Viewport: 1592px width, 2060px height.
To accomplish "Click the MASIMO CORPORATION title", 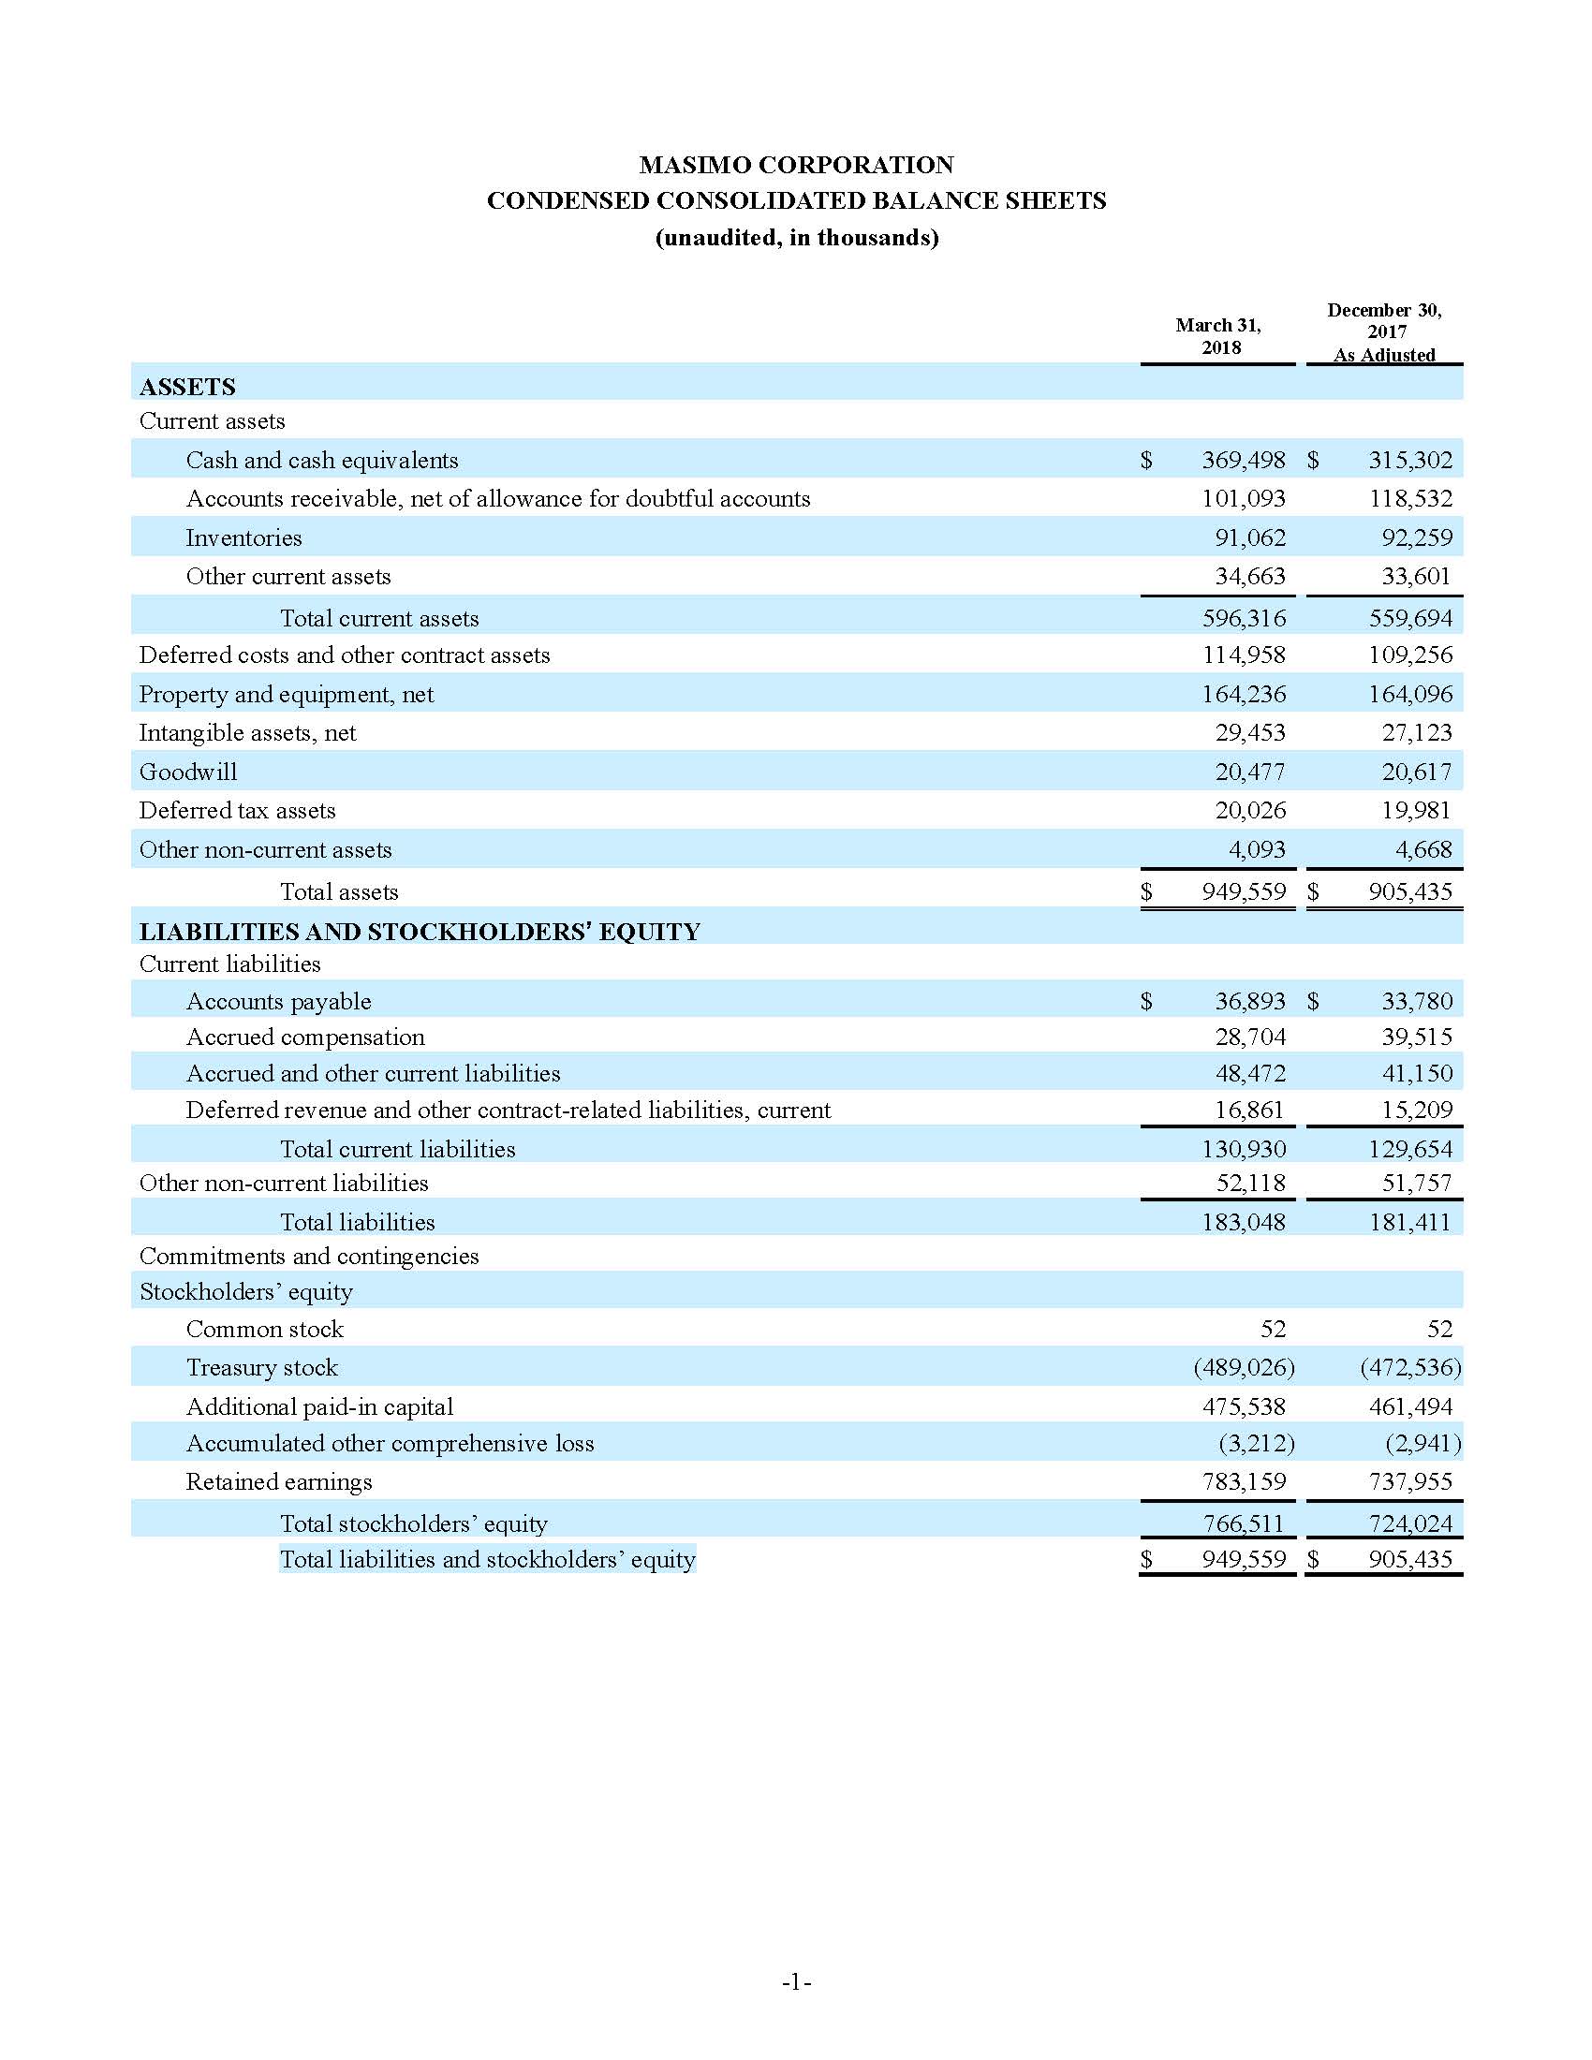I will tap(796, 165).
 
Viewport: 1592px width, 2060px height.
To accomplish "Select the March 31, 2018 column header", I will tap(1217, 336).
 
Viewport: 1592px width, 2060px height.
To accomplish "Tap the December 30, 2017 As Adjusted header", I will tap(1383, 332).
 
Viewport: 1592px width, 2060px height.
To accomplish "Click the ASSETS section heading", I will tap(187, 387).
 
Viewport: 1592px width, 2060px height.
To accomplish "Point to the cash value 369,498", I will tap(1243, 461).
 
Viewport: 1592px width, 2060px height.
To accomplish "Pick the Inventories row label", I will tap(243, 537).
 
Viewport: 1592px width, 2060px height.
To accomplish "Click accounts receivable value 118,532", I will tap(1410, 498).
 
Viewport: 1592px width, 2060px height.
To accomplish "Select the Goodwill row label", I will tap(187, 772).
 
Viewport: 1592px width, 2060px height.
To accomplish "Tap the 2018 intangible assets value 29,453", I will tap(1249, 733).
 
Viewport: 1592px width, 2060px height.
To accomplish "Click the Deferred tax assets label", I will tap(237, 810).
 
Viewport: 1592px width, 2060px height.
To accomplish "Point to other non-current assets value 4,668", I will tap(1423, 850).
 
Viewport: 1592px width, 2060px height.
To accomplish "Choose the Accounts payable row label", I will tap(278, 1001).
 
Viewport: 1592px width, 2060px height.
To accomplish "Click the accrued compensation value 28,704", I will tap(1249, 1037).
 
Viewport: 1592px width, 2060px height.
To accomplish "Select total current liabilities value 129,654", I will tap(1410, 1149).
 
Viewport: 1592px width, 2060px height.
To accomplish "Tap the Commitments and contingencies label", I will tap(308, 1257).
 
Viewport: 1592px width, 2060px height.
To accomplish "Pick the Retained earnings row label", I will tap(278, 1482).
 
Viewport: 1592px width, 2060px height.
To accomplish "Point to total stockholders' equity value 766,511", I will tap(1243, 1523).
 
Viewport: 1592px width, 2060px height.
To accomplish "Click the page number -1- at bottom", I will tap(796, 1981).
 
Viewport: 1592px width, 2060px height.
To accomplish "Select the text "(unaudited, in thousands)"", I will tap(796, 238).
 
